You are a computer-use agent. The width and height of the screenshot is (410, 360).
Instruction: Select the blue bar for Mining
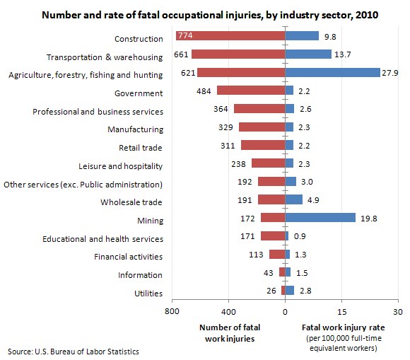(320, 219)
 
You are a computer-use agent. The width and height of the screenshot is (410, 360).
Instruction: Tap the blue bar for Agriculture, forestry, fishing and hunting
(332, 73)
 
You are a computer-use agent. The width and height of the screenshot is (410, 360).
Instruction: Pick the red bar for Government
(251, 91)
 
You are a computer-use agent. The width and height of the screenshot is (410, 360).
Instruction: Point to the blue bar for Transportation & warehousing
(308, 54)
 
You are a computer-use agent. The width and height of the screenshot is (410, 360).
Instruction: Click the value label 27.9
(391, 73)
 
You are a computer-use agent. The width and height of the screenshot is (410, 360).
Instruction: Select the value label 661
(180, 55)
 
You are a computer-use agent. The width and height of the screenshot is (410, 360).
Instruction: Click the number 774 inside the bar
(189, 36)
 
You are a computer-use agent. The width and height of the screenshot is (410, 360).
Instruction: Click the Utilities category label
(148, 294)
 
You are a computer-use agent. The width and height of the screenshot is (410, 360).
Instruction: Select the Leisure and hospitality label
(120, 166)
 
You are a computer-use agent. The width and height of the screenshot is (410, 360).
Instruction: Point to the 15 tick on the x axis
(341, 312)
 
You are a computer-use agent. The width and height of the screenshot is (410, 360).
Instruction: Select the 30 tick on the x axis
(398, 312)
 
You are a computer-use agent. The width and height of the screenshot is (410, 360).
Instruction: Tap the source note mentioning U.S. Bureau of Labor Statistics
(74, 352)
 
